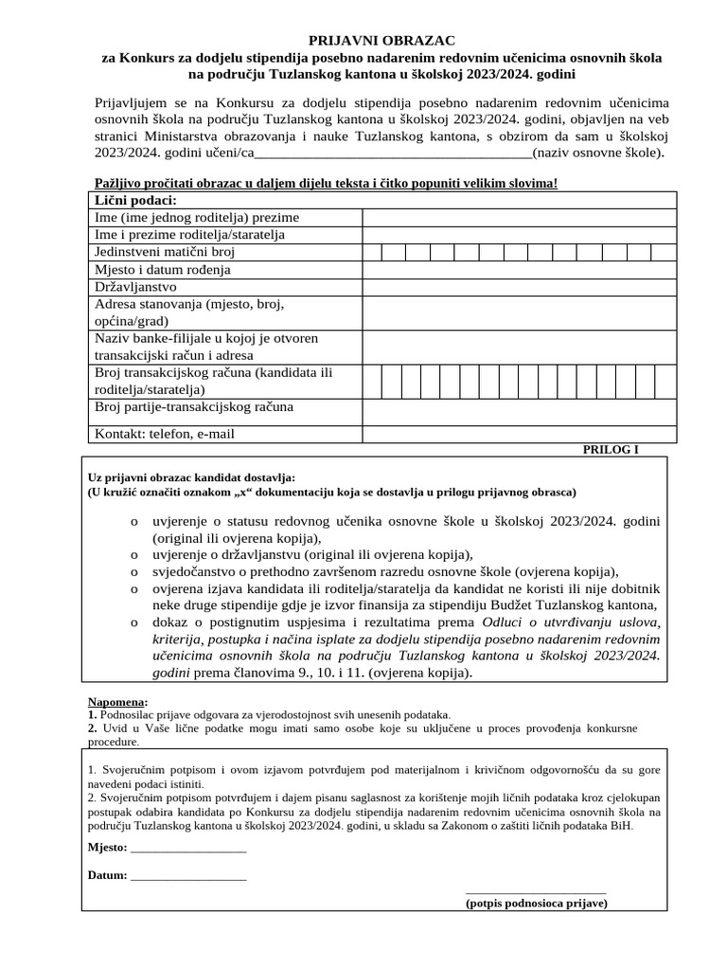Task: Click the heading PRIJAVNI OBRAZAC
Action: (x=381, y=40)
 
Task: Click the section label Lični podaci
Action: (x=135, y=200)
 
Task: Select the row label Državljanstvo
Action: (x=135, y=286)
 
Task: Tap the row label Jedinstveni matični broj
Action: (x=164, y=252)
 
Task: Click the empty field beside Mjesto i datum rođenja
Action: (x=520, y=269)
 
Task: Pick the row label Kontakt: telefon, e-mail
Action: (x=165, y=434)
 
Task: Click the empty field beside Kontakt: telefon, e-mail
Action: (x=520, y=434)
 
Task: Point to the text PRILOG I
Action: (x=611, y=449)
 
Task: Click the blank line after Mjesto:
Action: (x=188, y=847)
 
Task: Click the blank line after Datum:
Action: (x=188, y=875)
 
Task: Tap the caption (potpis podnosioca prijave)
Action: (x=536, y=903)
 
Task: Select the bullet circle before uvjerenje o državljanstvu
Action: (x=134, y=555)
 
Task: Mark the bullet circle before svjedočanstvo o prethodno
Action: (x=134, y=572)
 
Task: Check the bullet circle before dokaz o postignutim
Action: (x=134, y=622)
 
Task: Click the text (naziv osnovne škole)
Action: (x=599, y=153)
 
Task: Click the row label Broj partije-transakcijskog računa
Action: (x=194, y=407)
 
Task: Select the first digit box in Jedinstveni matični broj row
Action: (x=369, y=252)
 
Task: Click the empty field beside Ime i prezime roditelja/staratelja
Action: (x=520, y=234)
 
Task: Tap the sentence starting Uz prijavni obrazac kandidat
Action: (x=191, y=477)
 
